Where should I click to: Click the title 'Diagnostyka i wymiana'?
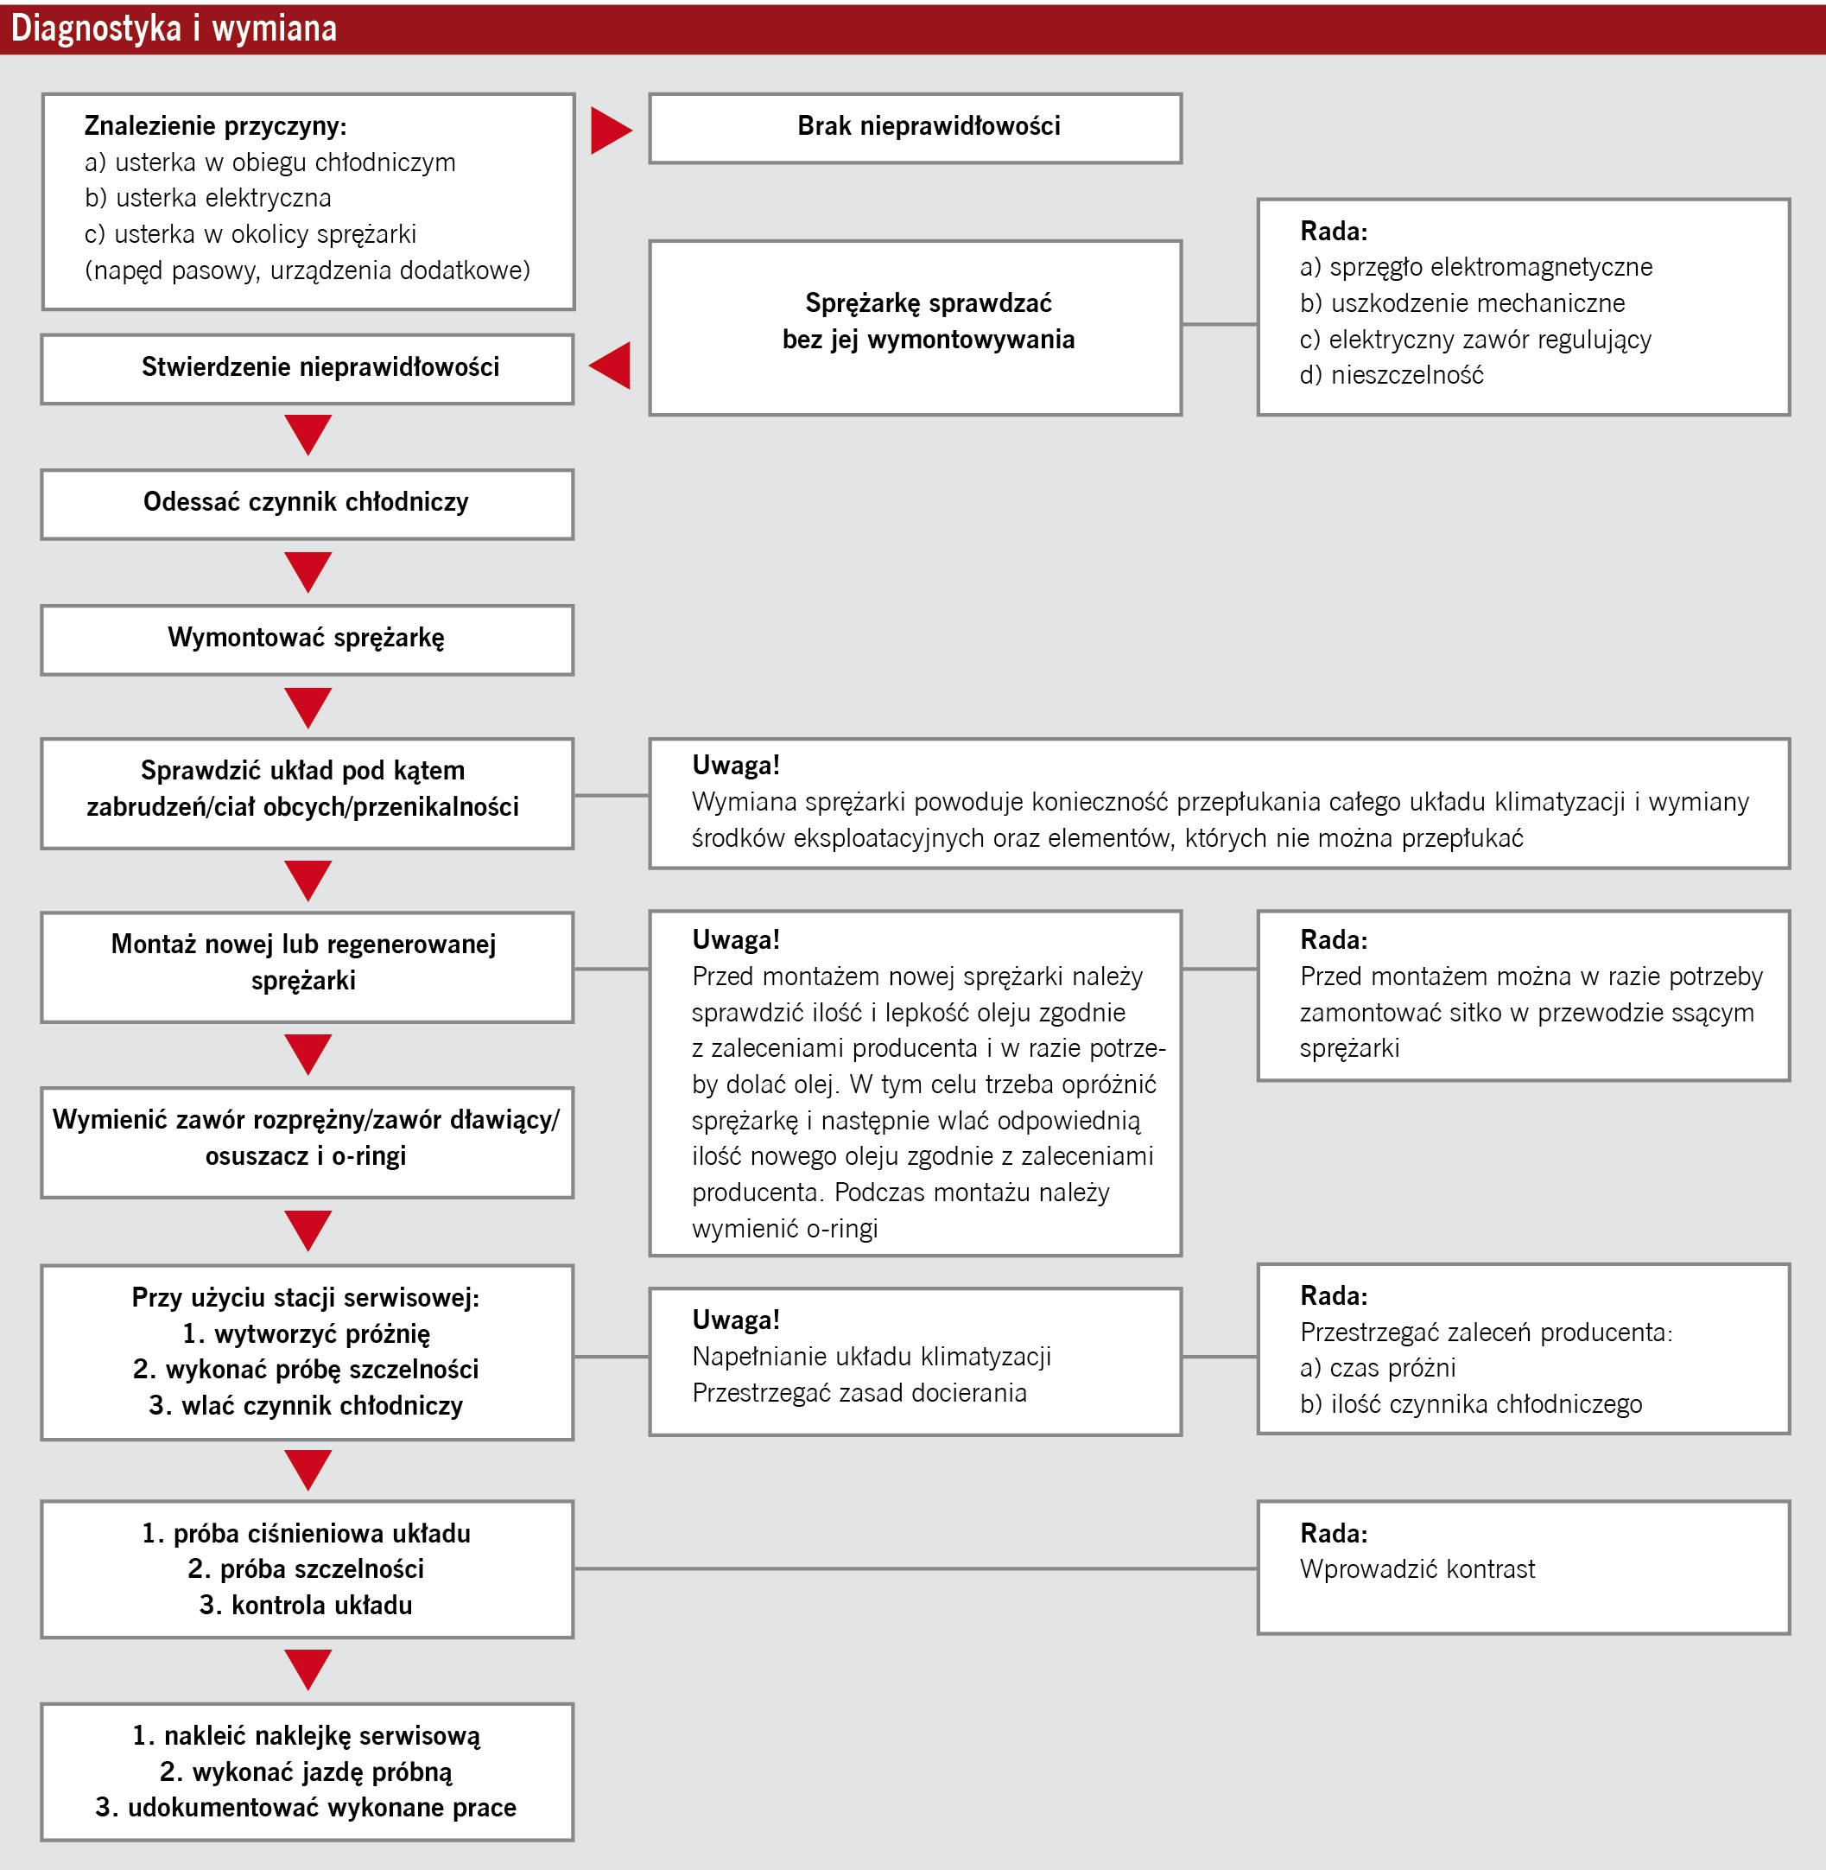point(174,29)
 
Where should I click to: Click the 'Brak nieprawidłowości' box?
point(915,128)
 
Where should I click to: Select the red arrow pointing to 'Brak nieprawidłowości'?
point(610,130)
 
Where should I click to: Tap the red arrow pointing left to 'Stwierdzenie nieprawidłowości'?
point(611,366)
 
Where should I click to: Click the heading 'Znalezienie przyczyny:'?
point(215,125)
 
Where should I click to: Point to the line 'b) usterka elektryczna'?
point(207,198)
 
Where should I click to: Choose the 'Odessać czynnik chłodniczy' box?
point(307,504)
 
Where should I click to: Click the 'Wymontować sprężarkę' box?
point(307,639)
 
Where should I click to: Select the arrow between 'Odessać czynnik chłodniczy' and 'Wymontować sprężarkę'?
point(308,571)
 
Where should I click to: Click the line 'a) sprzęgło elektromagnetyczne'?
point(1476,267)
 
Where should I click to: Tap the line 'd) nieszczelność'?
point(1391,375)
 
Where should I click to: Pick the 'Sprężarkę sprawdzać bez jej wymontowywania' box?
point(915,327)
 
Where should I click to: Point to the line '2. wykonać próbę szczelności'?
point(306,1369)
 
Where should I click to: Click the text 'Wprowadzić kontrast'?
point(1417,1568)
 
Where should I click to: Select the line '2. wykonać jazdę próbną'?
point(306,1771)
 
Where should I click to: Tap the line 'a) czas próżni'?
point(1377,1368)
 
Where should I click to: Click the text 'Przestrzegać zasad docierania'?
point(859,1392)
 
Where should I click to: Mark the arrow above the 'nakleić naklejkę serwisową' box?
point(308,1669)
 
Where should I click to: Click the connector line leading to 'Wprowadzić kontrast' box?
point(915,1568)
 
